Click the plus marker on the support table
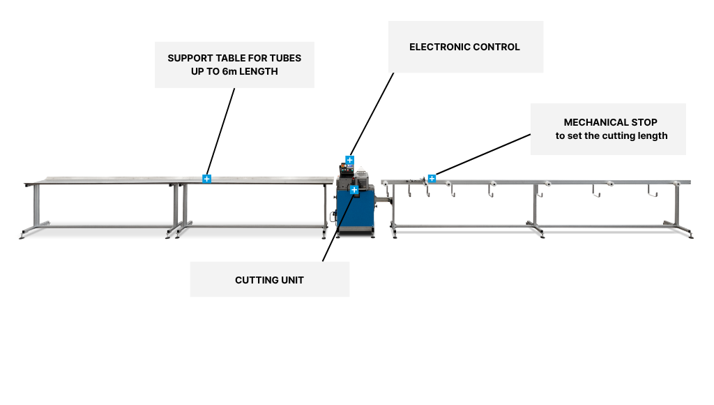click(x=207, y=179)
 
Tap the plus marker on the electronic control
click(x=350, y=161)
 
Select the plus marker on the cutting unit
click(x=354, y=189)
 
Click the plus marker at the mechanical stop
click(x=432, y=178)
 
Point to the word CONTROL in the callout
click(x=496, y=47)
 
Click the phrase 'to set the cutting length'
click(x=612, y=135)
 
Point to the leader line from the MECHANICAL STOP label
click(x=481, y=155)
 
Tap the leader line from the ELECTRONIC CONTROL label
click(x=372, y=115)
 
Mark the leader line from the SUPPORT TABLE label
click(x=220, y=133)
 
